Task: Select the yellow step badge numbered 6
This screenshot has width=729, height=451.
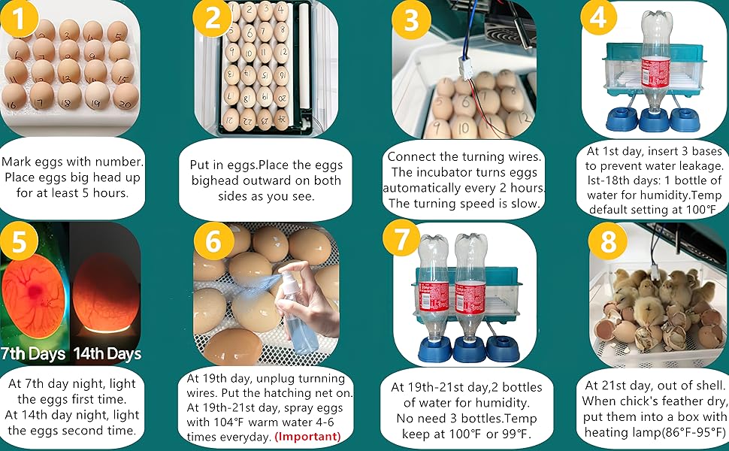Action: coord(212,242)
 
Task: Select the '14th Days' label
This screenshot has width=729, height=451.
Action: coord(106,353)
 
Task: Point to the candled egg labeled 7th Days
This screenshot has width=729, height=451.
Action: coord(33,293)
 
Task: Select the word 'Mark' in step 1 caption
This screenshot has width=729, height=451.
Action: coord(19,162)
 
